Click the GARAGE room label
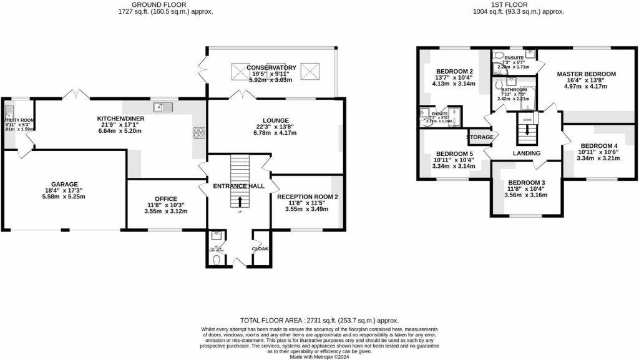pos(65,184)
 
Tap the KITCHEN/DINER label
pos(121,118)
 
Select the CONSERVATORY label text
pos(271,67)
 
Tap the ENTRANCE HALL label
pos(239,186)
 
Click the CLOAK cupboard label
pos(260,248)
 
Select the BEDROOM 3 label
pos(528,182)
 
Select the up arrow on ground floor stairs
pos(241,201)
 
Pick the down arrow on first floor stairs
pos(527,131)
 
